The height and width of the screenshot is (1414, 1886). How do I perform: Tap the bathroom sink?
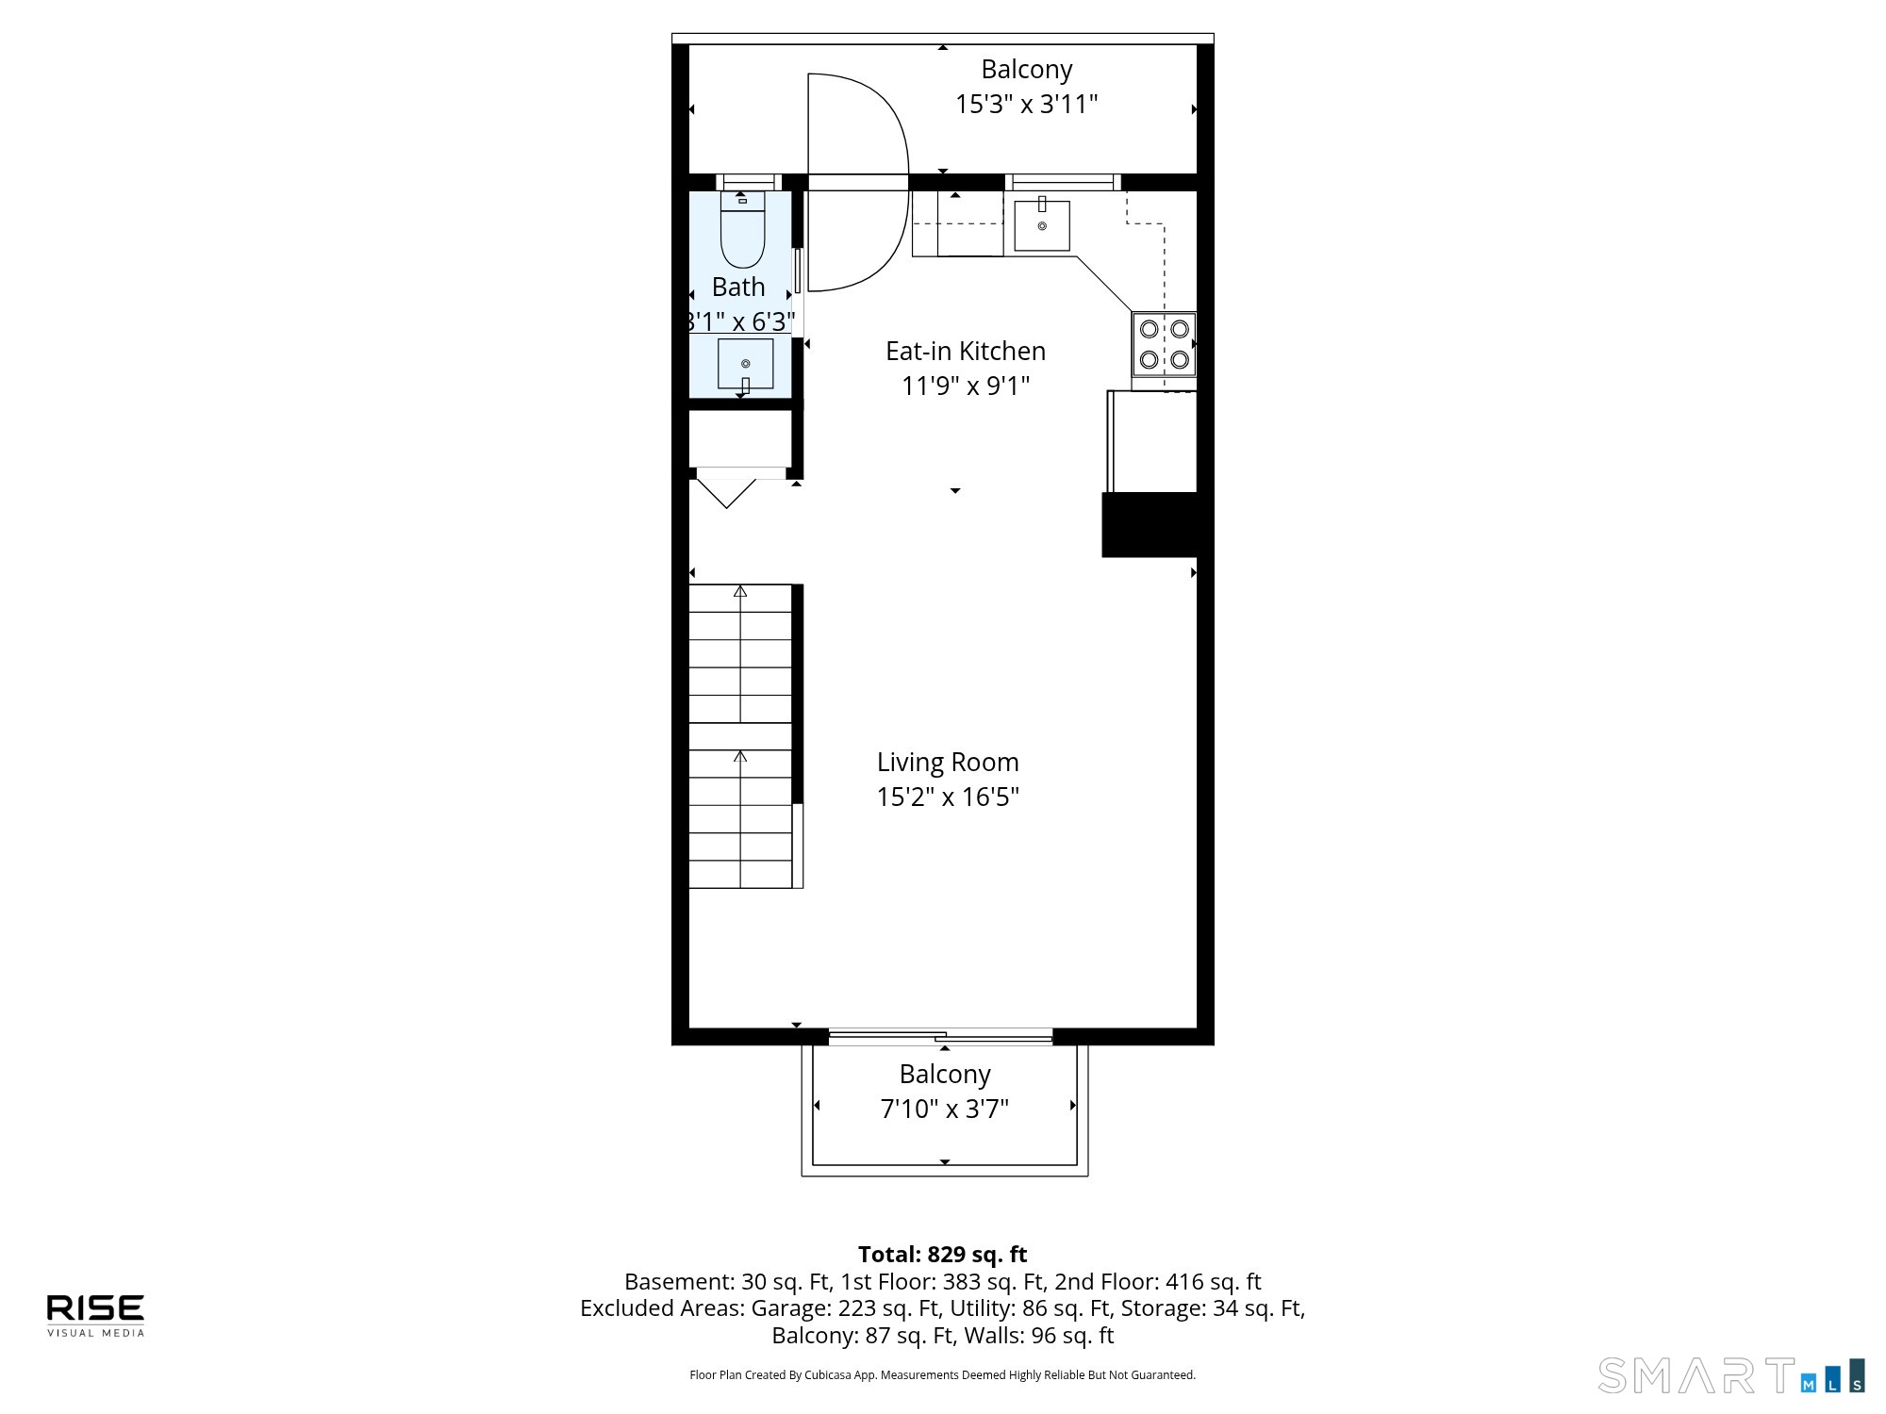tap(745, 364)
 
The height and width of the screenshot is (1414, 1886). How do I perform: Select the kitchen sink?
tap(1042, 225)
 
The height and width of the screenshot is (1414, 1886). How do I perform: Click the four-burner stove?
tap(1164, 344)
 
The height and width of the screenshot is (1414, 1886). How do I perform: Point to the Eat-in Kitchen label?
tap(966, 351)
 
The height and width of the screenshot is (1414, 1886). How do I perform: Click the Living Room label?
tap(948, 762)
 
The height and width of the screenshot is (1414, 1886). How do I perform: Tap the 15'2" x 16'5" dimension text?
tap(948, 797)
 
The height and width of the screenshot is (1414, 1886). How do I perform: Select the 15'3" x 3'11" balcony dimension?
tap(1027, 104)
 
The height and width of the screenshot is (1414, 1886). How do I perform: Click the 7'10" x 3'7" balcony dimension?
tap(945, 1109)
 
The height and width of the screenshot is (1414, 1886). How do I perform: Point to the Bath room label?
tap(738, 287)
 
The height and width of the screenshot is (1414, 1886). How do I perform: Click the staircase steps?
tap(740, 736)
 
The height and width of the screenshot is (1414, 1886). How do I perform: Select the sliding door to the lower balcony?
tap(940, 1037)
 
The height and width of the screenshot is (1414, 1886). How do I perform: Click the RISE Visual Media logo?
tap(96, 1315)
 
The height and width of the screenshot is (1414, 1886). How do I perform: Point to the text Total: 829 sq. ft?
tap(943, 1255)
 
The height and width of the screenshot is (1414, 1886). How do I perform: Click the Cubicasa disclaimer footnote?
tap(943, 1375)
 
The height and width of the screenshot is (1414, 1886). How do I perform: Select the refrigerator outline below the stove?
tap(1152, 441)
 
